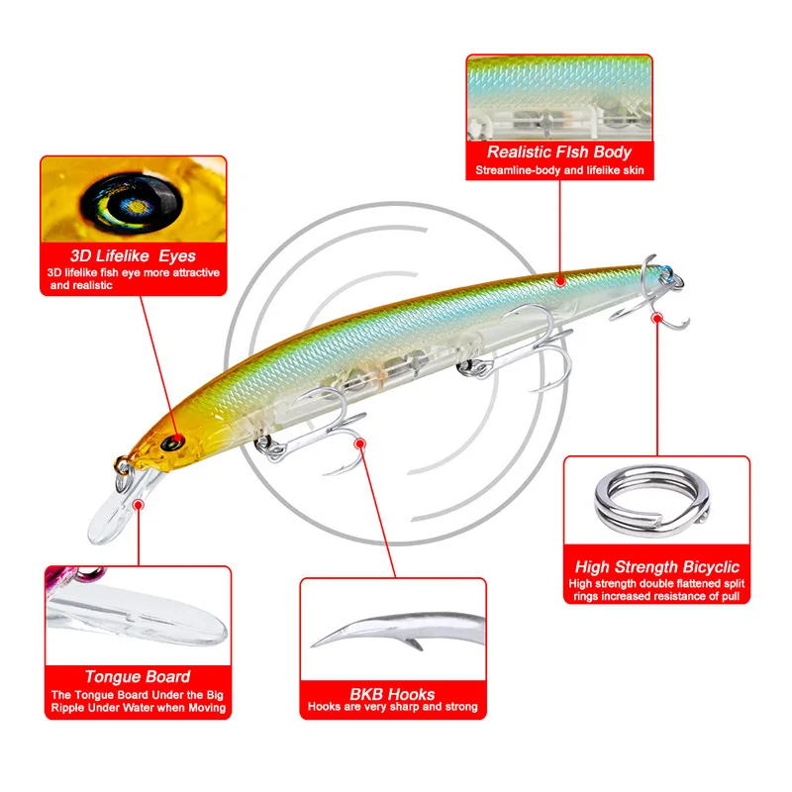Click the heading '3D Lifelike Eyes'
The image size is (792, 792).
[134, 255]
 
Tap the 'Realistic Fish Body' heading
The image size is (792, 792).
[559, 152]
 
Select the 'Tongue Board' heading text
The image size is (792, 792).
[138, 677]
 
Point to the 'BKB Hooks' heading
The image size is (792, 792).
[393, 694]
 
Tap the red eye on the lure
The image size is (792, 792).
[176, 438]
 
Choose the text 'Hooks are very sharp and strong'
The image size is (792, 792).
[393, 708]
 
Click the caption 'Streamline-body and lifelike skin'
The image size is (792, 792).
[559, 171]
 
